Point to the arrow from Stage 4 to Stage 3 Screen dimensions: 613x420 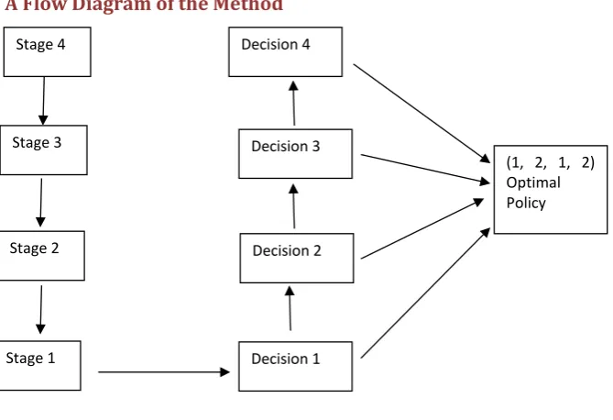pos(43,101)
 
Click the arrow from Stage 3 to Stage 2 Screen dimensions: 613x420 pos(40,203)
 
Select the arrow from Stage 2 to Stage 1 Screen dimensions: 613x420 pos(40,309)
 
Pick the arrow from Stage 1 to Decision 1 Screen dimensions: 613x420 pos(164,371)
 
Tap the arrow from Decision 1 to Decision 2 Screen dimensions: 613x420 pos(290,308)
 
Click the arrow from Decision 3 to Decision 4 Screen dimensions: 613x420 pos(293,104)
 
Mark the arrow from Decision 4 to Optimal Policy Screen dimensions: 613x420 pos(421,114)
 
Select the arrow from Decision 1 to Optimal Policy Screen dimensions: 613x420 pos(425,293)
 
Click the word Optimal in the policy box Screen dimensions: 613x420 pos(533,183)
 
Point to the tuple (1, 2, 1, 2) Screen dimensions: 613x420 pos(550,162)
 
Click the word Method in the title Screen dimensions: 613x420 pos(248,6)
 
